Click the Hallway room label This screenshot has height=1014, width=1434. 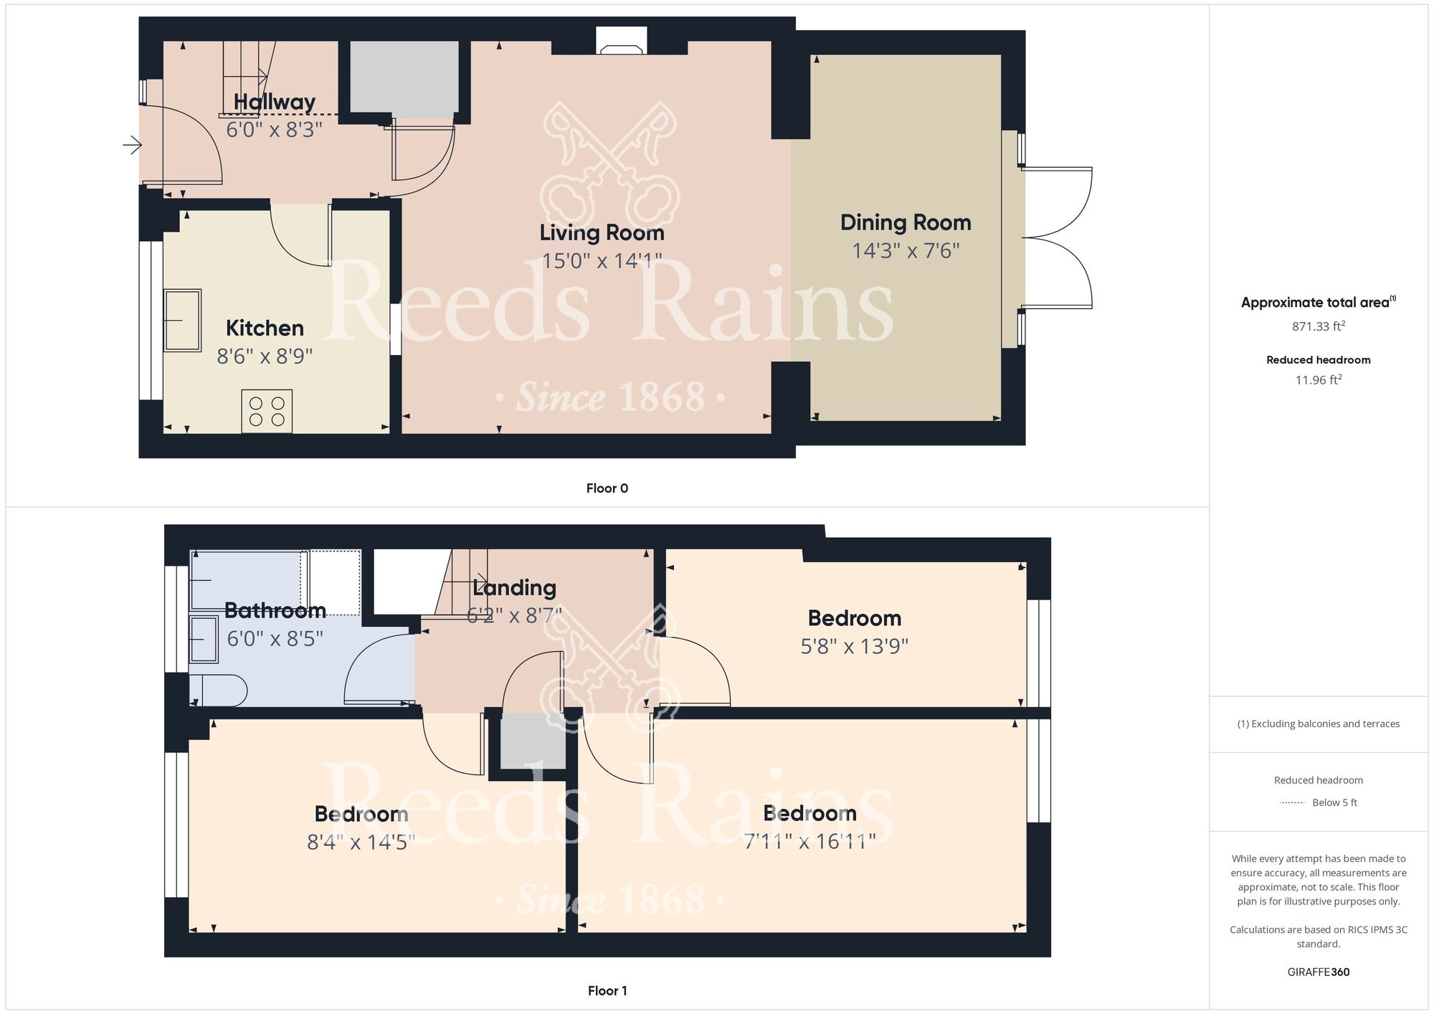click(x=275, y=103)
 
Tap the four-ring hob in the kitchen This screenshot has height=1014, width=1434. click(x=267, y=411)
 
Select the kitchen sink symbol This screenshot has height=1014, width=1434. click(x=182, y=321)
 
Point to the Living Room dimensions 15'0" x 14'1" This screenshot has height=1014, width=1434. click(x=602, y=260)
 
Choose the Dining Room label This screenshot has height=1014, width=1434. click(x=906, y=222)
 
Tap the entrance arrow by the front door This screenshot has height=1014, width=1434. click(x=133, y=146)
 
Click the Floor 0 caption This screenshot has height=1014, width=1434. click(x=607, y=488)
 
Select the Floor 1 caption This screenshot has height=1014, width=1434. click(x=607, y=991)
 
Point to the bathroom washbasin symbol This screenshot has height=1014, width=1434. click(x=204, y=639)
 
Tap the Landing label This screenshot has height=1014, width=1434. click(x=514, y=588)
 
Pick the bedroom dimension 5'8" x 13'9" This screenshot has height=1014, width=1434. click(x=855, y=647)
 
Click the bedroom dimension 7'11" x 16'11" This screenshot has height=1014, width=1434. click(x=810, y=841)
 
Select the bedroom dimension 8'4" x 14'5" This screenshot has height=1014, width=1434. click(x=361, y=842)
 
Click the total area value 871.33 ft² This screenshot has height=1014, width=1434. click(x=1319, y=326)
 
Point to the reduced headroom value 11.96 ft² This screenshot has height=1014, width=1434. click(x=1319, y=380)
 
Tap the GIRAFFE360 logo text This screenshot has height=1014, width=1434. click(x=1319, y=972)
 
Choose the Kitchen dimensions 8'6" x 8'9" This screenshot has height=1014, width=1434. click(x=265, y=356)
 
